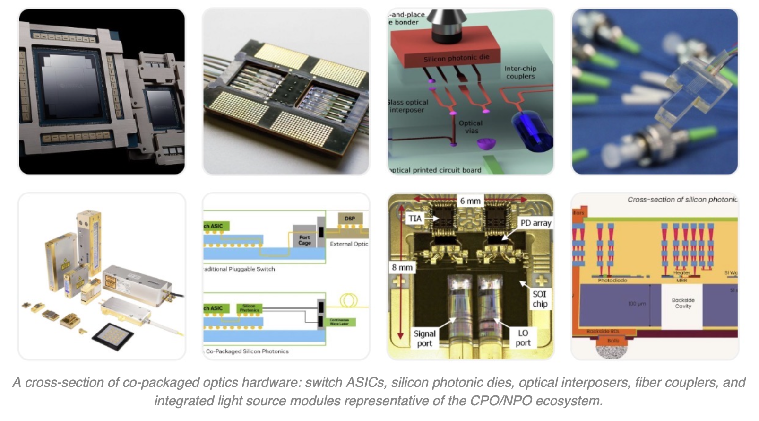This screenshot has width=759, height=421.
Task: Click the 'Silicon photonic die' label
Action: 456,58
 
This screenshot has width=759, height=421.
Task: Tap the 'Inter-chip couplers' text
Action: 520,72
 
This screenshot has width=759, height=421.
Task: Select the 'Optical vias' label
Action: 471,127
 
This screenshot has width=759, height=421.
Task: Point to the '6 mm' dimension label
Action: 470,201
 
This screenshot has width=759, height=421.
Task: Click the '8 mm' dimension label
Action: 402,267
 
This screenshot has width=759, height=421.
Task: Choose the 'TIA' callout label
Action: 414,219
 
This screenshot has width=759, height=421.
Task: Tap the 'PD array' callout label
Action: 535,223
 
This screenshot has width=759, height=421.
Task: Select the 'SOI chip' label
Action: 539,299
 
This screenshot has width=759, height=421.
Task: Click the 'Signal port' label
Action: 424,338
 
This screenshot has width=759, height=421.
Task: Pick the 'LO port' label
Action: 523,338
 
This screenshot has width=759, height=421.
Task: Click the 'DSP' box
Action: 350,219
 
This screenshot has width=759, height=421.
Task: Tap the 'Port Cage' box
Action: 304,240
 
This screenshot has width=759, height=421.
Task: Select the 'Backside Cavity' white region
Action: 682,306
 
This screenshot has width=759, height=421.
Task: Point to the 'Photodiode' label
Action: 612,281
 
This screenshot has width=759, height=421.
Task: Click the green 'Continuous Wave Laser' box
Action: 339,322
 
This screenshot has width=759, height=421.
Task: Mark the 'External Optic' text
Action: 349,244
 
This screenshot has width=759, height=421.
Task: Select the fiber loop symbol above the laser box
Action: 348,300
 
